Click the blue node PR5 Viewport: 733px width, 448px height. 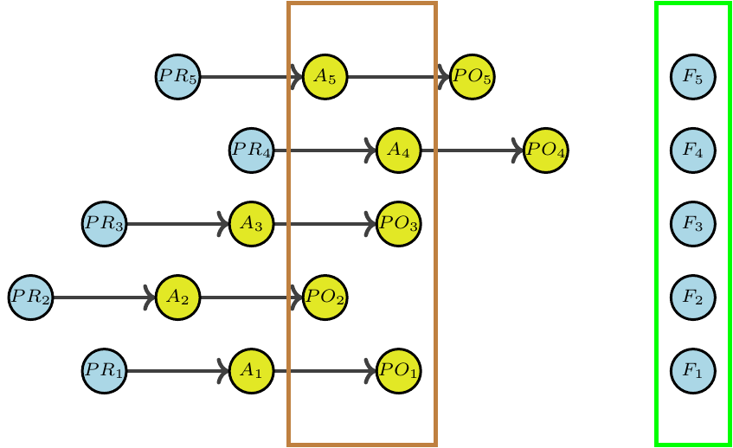[178, 76]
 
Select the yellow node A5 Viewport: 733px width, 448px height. [325, 76]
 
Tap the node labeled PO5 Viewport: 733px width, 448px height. [473, 76]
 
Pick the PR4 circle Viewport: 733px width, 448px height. [252, 150]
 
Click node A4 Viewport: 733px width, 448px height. [398, 150]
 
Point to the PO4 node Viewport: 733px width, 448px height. [546, 150]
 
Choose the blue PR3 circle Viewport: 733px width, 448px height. [105, 223]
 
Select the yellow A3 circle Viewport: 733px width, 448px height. [251, 223]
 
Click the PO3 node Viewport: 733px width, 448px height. [399, 223]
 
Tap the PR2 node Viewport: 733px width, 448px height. [31, 297]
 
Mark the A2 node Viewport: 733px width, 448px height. [177, 297]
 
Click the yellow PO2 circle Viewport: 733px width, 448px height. [325, 297]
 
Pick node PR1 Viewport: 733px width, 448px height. [105, 370]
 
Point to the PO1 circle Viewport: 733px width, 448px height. [399, 370]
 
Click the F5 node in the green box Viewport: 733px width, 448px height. [692, 76]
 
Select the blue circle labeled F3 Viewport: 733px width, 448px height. [692, 223]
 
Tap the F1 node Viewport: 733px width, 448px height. [692, 370]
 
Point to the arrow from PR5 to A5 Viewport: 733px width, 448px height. [251, 76]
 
